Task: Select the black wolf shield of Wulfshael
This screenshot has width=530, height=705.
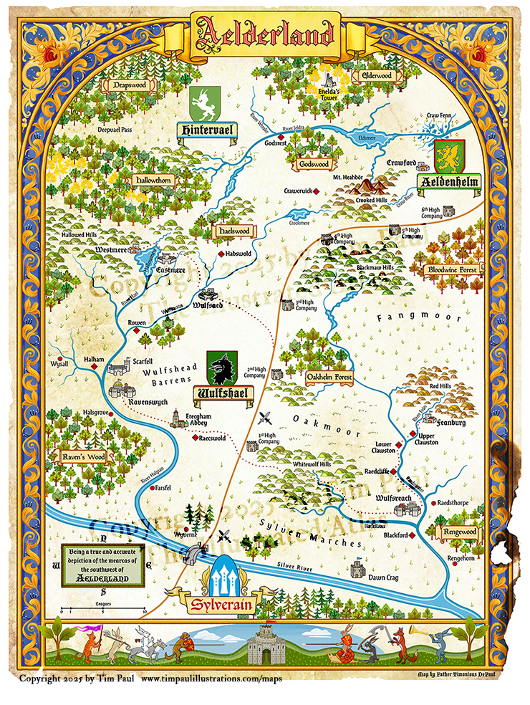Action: click(221, 368)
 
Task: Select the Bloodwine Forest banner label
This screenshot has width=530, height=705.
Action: click(452, 270)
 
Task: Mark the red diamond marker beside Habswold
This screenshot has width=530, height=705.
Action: click(221, 254)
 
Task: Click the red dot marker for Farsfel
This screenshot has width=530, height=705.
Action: click(152, 488)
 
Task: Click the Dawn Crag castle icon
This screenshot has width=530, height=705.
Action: click(357, 569)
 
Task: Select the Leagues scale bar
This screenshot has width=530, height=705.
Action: click(104, 610)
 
